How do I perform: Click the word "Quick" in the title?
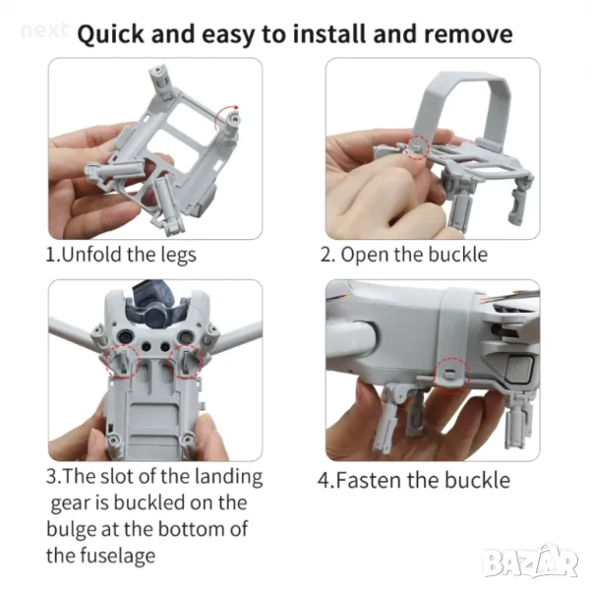pos(110,34)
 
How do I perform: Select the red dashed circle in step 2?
pos(417,146)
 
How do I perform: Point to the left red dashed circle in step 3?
pos(123,361)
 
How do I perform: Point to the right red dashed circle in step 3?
pos(186,361)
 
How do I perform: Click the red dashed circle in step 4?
pos(451,376)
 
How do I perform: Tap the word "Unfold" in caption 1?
pos(91,255)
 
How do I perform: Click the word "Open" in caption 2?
pos(364,255)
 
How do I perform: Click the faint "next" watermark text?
pos(45,30)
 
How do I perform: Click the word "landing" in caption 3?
pos(229,478)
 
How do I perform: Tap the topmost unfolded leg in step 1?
pos(162,82)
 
